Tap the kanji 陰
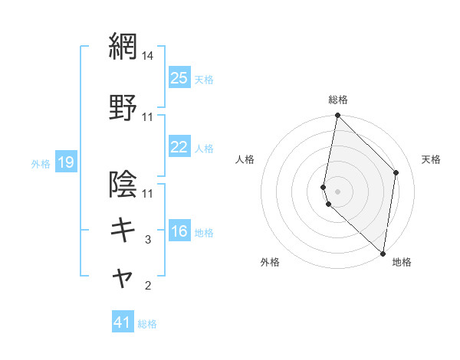(123, 185)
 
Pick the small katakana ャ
(123, 279)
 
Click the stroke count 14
(148, 56)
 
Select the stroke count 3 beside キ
(148, 240)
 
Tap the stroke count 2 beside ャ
(148, 286)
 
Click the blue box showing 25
(179, 78)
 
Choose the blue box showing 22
(179, 147)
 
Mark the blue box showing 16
(179, 232)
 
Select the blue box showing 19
(65, 162)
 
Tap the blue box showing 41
(123, 323)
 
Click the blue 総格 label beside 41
(147, 324)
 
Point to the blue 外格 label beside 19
(41, 163)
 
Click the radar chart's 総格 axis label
(338, 100)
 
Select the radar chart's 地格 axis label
(402, 262)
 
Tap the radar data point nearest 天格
(396, 172)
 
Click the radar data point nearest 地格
(383, 254)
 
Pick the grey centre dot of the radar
(338, 191)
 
